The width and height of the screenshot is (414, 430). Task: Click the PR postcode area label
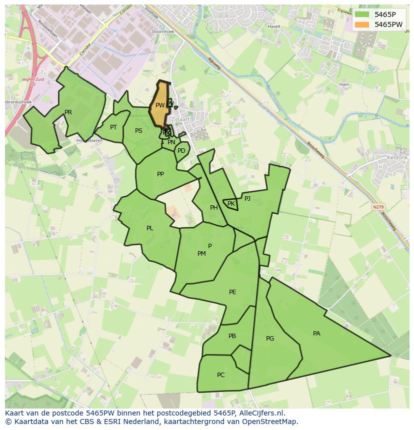(x=68, y=112)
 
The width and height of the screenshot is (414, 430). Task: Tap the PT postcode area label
(x=113, y=127)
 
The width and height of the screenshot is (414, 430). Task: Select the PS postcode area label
(x=138, y=131)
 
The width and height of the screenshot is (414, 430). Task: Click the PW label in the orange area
(x=159, y=105)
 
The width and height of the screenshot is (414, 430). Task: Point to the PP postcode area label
(x=160, y=174)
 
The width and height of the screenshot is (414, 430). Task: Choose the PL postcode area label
(x=149, y=228)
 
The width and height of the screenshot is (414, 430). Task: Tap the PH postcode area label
(x=214, y=208)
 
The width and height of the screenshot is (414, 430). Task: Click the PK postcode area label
(x=231, y=204)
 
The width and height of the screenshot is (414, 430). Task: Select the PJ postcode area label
(x=247, y=198)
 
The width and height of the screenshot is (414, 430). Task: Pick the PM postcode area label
(x=201, y=254)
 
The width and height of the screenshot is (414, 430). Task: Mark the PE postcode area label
(x=232, y=292)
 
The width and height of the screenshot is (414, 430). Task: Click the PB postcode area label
(x=232, y=336)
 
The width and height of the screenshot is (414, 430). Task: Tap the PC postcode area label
(x=220, y=375)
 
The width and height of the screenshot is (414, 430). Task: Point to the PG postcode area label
(x=270, y=339)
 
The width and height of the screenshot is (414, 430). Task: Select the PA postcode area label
(x=316, y=334)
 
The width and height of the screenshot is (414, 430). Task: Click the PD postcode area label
(x=181, y=151)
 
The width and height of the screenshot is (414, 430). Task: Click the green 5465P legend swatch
(x=362, y=14)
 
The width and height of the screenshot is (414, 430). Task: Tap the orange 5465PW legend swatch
(x=362, y=24)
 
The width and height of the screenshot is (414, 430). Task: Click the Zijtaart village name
(x=179, y=120)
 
